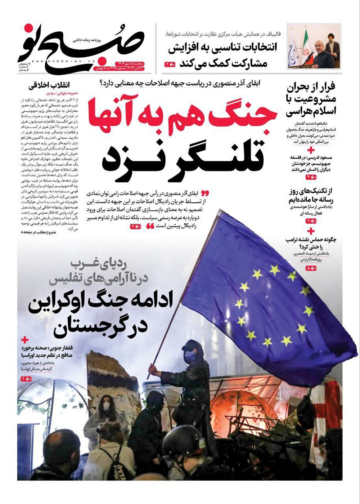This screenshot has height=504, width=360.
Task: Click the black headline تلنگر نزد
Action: (185, 159)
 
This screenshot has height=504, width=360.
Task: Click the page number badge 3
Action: (135, 226)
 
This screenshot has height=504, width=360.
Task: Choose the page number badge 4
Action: (311, 177)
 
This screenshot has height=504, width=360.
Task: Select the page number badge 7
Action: (311, 221)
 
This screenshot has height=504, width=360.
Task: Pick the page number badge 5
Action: (311, 268)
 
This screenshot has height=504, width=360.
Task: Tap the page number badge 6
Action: (26, 379)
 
